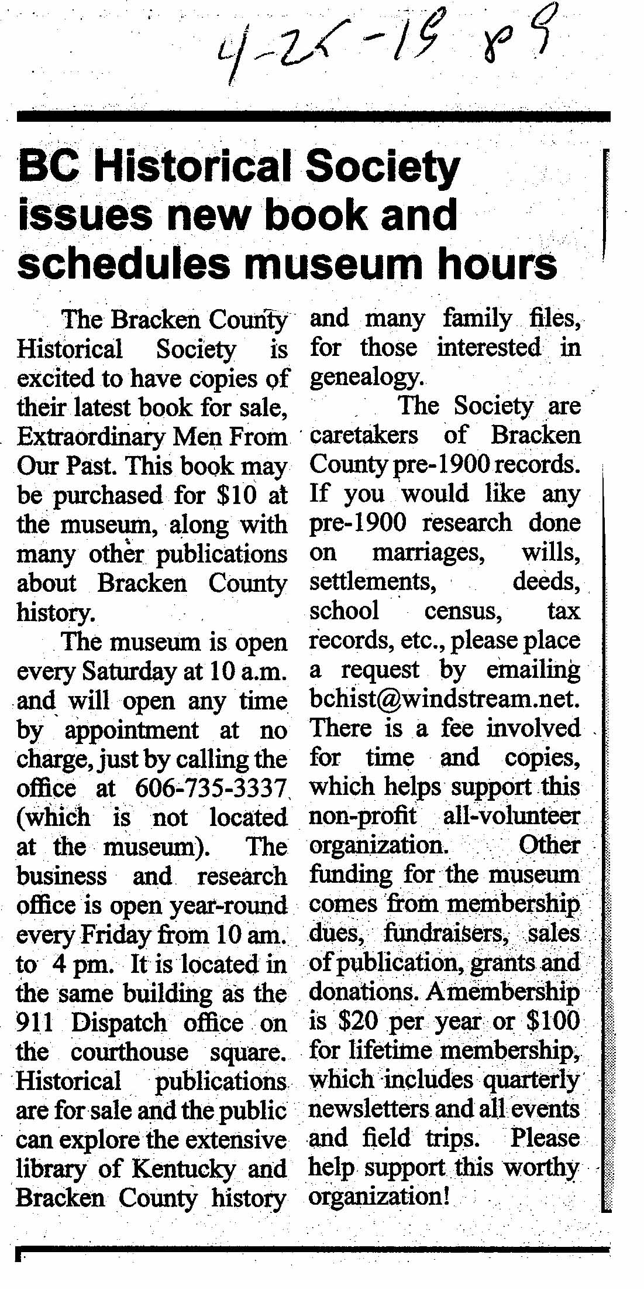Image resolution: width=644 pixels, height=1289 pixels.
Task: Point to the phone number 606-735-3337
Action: pyautogui.click(x=210, y=789)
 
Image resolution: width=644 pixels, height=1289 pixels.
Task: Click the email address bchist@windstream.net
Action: pyautogui.click(x=445, y=700)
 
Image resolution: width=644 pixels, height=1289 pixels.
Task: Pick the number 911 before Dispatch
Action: pyautogui.click(x=35, y=1023)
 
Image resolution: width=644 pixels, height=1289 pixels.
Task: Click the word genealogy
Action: pyautogui.click(x=366, y=378)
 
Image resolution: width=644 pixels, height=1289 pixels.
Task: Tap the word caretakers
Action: pyautogui.click(x=364, y=435)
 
